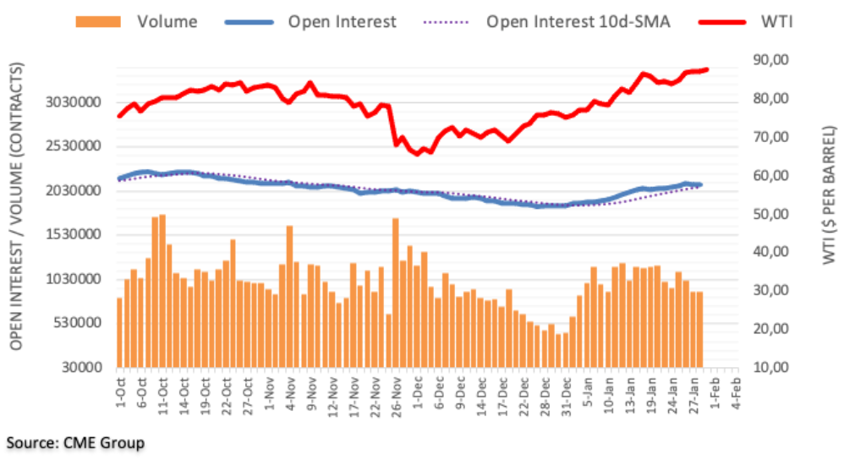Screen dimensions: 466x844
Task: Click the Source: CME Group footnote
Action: click(75, 442)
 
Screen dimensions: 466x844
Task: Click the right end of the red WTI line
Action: click(707, 69)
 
